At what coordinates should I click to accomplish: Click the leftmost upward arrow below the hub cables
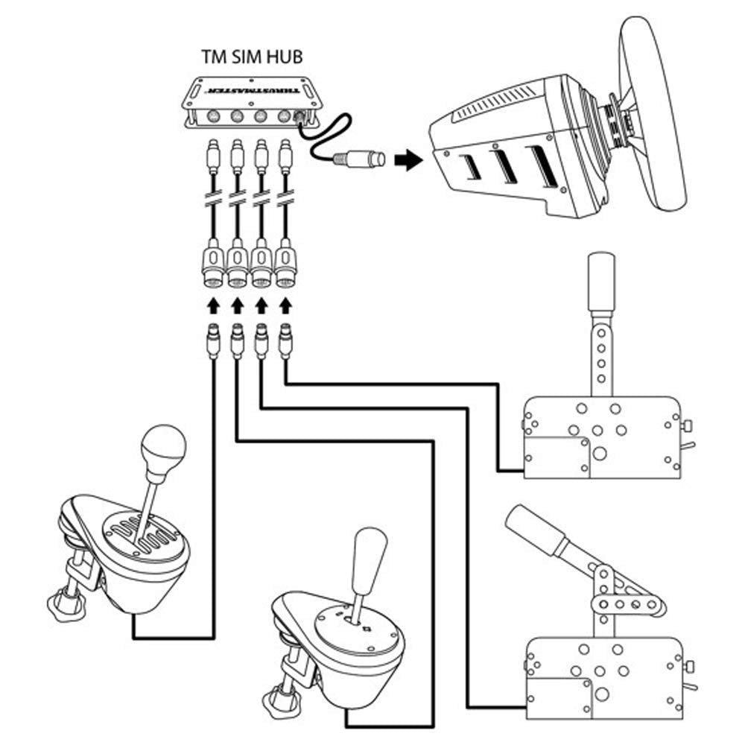point(214,304)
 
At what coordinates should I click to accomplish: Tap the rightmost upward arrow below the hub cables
point(285,304)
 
